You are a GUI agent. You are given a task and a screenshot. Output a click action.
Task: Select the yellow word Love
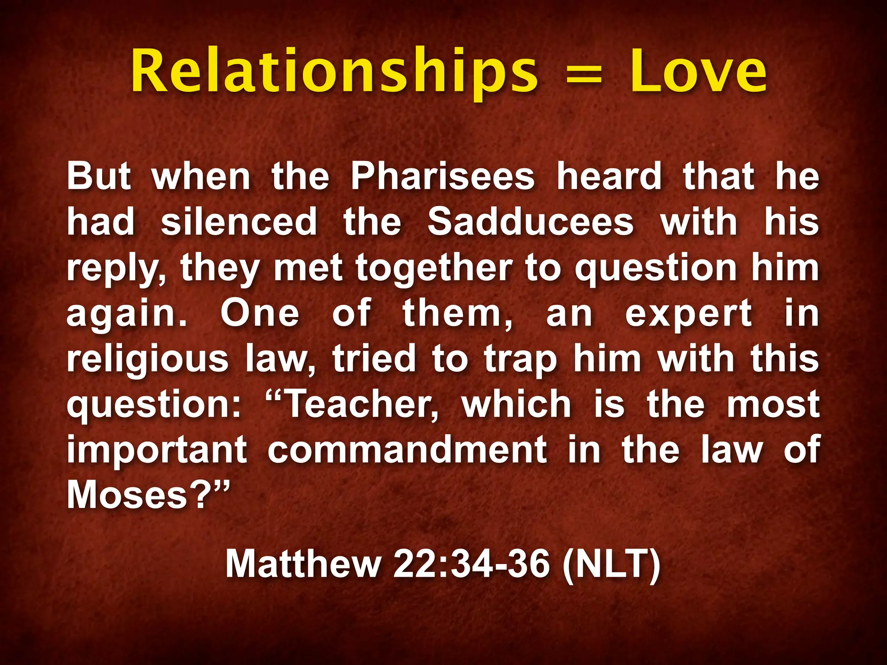tap(698, 71)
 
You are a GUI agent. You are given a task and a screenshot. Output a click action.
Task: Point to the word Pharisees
tap(443, 176)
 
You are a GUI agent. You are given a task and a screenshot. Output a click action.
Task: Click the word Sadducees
tap(531, 222)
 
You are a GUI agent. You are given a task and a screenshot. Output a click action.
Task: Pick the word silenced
tap(239, 222)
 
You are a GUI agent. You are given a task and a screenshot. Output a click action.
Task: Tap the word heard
tap(609, 176)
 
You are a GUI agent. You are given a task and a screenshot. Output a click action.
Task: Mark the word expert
tap(689, 314)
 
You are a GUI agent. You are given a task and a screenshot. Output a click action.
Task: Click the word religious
tap(147, 359)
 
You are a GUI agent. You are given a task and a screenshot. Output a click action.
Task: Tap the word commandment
tap(407, 450)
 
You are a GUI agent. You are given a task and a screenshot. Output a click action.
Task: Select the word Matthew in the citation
tap(303, 564)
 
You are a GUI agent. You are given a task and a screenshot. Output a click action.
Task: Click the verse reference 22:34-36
tap(471, 564)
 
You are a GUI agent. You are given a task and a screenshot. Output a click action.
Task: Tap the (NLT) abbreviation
tap(611, 564)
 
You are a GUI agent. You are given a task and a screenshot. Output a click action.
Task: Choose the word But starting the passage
tap(99, 176)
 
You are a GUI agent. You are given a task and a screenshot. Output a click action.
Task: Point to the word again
tap(126, 314)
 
